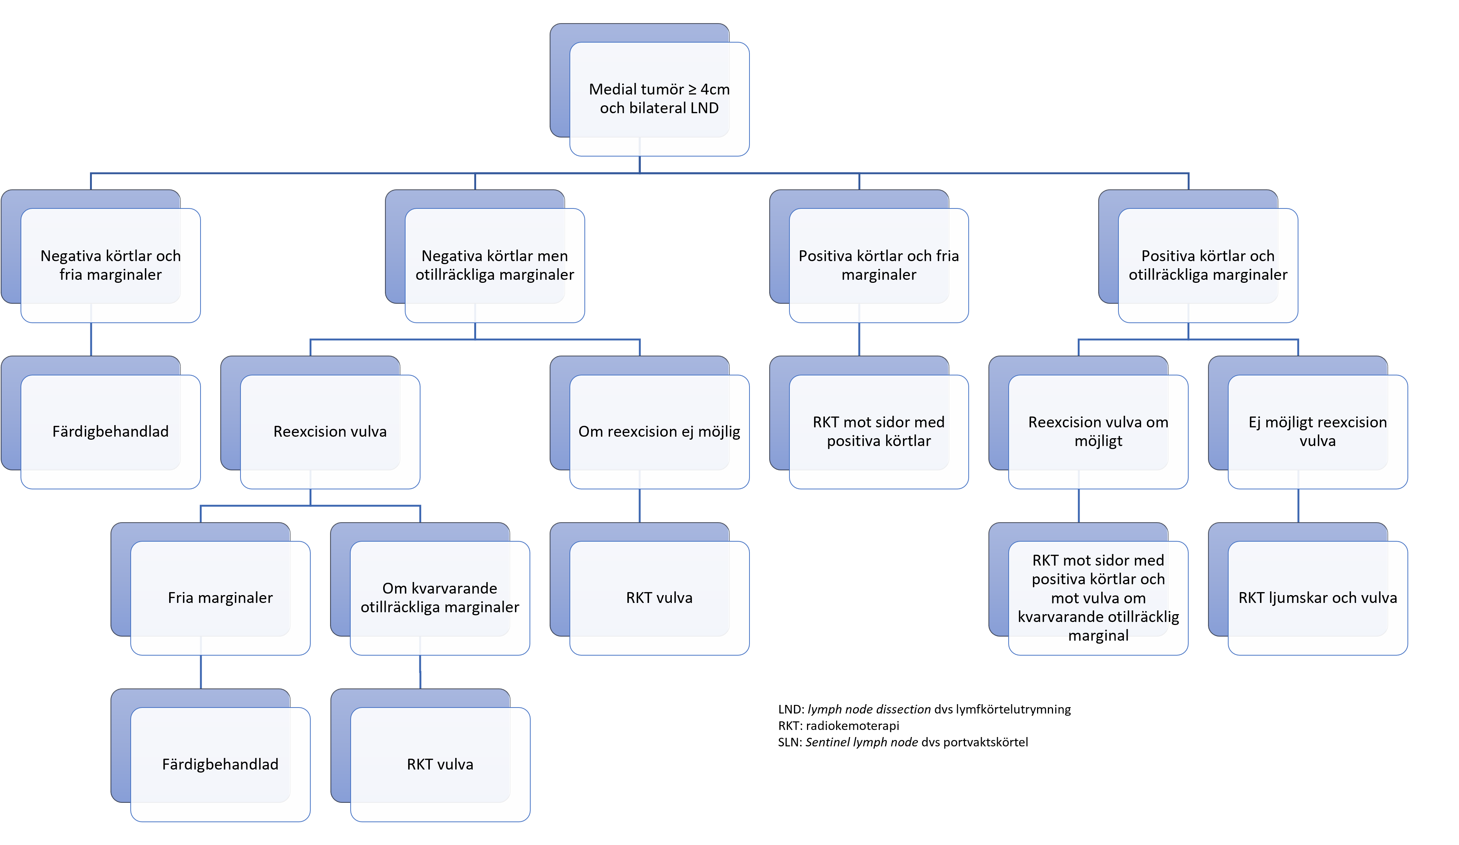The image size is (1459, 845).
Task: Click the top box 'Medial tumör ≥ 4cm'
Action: [659, 99]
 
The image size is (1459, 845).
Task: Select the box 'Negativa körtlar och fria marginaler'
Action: [110, 265]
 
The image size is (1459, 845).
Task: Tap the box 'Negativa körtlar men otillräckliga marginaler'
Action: [494, 265]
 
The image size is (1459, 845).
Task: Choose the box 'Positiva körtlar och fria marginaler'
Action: [878, 265]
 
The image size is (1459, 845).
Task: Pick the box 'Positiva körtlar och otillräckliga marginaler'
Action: [1208, 265]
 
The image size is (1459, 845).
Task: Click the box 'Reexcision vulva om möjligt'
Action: [1098, 431]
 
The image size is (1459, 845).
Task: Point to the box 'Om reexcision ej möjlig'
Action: [659, 431]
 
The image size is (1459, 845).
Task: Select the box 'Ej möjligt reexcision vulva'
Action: [1317, 431]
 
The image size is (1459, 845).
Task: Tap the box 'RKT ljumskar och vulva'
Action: [1317, 598]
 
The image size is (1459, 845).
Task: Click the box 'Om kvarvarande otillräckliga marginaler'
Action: [440, 598]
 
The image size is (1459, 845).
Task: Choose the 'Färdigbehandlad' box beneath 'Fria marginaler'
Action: [220, 764]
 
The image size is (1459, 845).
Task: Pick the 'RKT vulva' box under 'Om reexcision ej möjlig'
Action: [659, 598]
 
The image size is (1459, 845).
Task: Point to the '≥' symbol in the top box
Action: [692, 90]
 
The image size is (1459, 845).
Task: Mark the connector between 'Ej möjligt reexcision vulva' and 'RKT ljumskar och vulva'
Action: [1298, 505]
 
